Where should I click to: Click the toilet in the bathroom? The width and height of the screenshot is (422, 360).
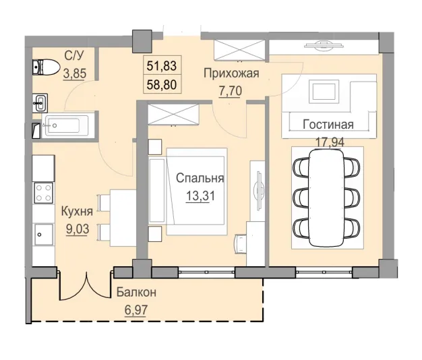[45, 67]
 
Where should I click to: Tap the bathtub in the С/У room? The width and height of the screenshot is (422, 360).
[65, 126]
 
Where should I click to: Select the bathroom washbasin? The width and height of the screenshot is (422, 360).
[39, 103]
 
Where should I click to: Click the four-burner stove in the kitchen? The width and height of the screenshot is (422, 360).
[43, 193]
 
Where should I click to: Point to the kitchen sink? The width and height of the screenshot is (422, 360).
[42, 236]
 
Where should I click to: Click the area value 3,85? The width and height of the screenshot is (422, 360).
[76, 76]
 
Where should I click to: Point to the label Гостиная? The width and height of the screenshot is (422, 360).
[328, 125]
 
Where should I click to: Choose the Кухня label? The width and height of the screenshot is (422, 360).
[76, 212]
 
